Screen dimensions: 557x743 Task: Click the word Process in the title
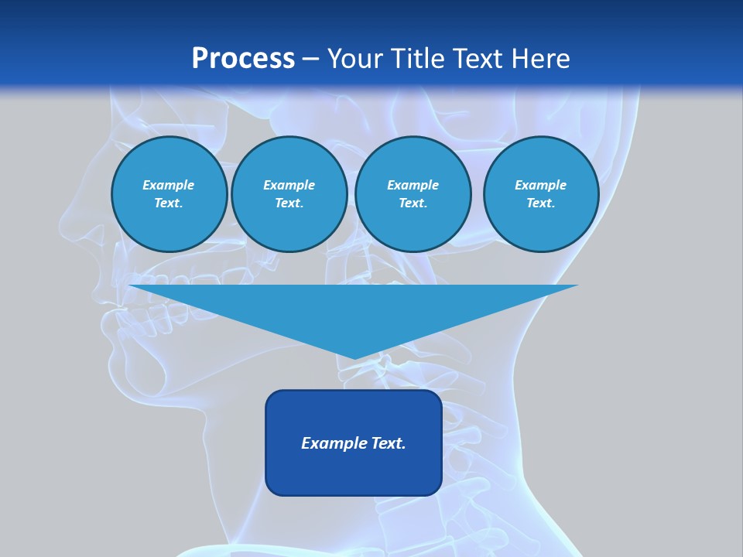pyautogui.click(x=243, y=59)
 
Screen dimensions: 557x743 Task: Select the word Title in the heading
pyautogui.click(x=420, y=59)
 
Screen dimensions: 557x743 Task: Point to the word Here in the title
pyautogui.click(x=542, y=59)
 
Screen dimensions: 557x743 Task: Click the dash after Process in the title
pyautogui.click(x=311, y=60)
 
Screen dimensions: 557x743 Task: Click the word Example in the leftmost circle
pyautogui.click(x=169, y=185)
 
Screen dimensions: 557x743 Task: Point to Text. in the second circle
pyautogui.click(x=289, y=203)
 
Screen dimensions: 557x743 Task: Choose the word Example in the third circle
pyautogui.click(x=413, y=185)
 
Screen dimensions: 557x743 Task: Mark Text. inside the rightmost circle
pyautogui.click(x=540, y=203)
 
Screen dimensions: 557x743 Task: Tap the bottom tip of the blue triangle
pyautogui.click(x=354, y=357)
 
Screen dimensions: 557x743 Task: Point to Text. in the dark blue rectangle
pyautogui.click(x=389, y=443)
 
